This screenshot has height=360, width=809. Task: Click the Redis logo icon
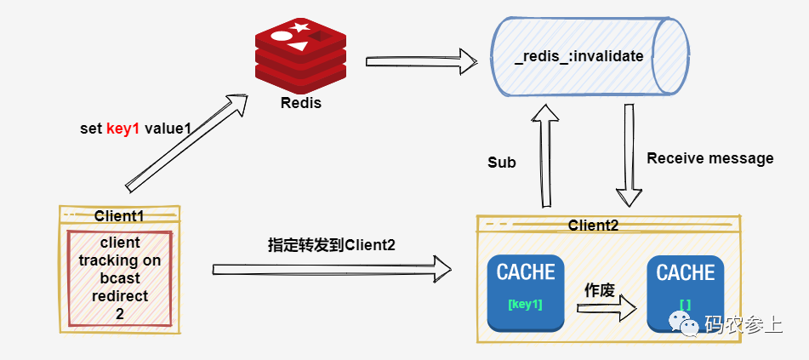click(x=301, y=54)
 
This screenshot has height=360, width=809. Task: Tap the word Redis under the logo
click(x=301, y=103)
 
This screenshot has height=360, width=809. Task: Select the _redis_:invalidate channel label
click(x=578, y=57)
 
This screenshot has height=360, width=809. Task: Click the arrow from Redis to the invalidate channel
click(x=420, y=60)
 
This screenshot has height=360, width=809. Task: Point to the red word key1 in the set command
click(x=122, y=129)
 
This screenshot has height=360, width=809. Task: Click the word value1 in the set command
click(x=167, y=129)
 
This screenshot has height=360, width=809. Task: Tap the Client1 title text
click(x=119, y=216)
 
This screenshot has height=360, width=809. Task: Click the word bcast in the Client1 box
click(x=119, y=278)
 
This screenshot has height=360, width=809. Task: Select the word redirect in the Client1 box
click(x=119, y=296)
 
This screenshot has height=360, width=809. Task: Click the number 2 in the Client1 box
click(x=119, y=314)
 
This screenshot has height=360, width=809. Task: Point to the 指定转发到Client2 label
click(x=331, y=245)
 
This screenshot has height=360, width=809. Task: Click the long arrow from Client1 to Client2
click(x=332, y=269)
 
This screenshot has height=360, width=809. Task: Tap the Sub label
click(x=502, y=162)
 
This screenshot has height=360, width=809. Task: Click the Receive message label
click(x=710, y=158)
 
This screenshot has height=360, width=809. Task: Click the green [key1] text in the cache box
click(x=526, y=304)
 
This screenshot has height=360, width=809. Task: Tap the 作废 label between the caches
click(x=599, y=289)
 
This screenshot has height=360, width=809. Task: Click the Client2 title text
click(x=593, y=225)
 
